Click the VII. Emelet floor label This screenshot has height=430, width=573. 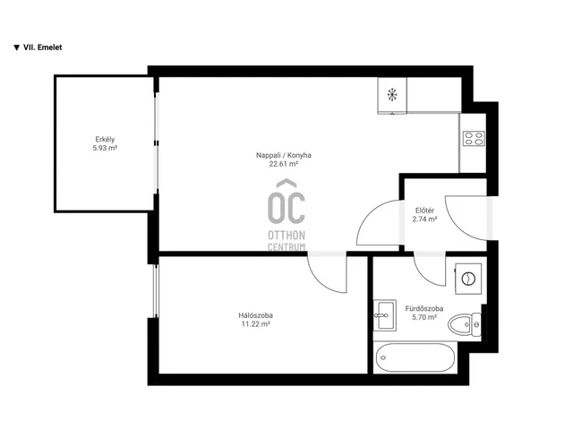(x=42, y=47)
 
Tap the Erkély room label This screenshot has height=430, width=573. (x=105, y=140)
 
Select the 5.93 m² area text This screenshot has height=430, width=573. (x=105, y=148)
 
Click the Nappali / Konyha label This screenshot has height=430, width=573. (x=284, y=155)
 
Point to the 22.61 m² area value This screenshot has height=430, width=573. (x=284, y=164)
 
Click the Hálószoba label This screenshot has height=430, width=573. (x=255, y=315)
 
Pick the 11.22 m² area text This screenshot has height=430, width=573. (x=255, y=324)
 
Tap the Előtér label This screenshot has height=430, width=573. (x=424, y=211)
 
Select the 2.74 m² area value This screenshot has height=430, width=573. (x=424, y=219)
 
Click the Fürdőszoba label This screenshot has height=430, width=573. (x=424, y=308)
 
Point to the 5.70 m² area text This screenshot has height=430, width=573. (x=424, y=317)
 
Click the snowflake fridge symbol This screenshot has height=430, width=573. (x=392, y=95)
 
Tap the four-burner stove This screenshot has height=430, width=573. (x=474, y=139)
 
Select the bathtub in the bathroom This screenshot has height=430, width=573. (x=415, y=357)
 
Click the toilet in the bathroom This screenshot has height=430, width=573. (x=465, y=324)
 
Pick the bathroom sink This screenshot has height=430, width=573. (x=384, y=315)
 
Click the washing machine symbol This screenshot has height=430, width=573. (x=467, y=279)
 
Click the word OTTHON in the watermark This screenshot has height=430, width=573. (x=286, y=235)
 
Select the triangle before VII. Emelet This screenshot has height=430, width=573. (x=16, y=47)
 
